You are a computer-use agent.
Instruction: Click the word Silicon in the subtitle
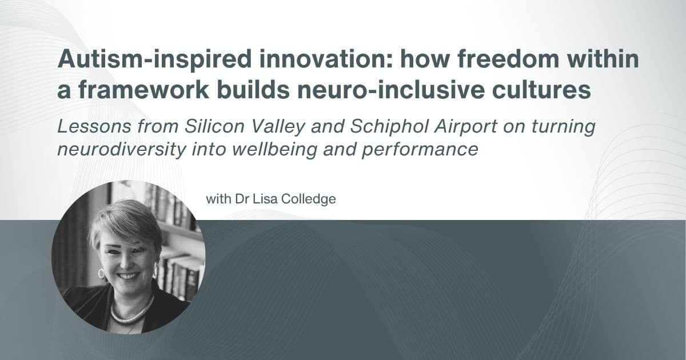(x=214, y=126)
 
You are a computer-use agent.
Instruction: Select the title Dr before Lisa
(x=241, y=199)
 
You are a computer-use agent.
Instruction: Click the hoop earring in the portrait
(x=101, y=273)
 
